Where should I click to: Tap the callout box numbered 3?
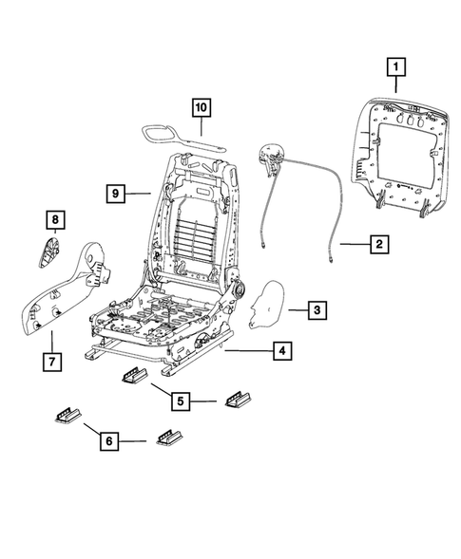[318, 310]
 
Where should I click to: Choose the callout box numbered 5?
[179, 401]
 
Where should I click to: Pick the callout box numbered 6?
[110, 441]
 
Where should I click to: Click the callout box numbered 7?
[53, 362]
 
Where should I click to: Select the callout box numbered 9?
[113, 193]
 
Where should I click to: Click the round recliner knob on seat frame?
[239, 288]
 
